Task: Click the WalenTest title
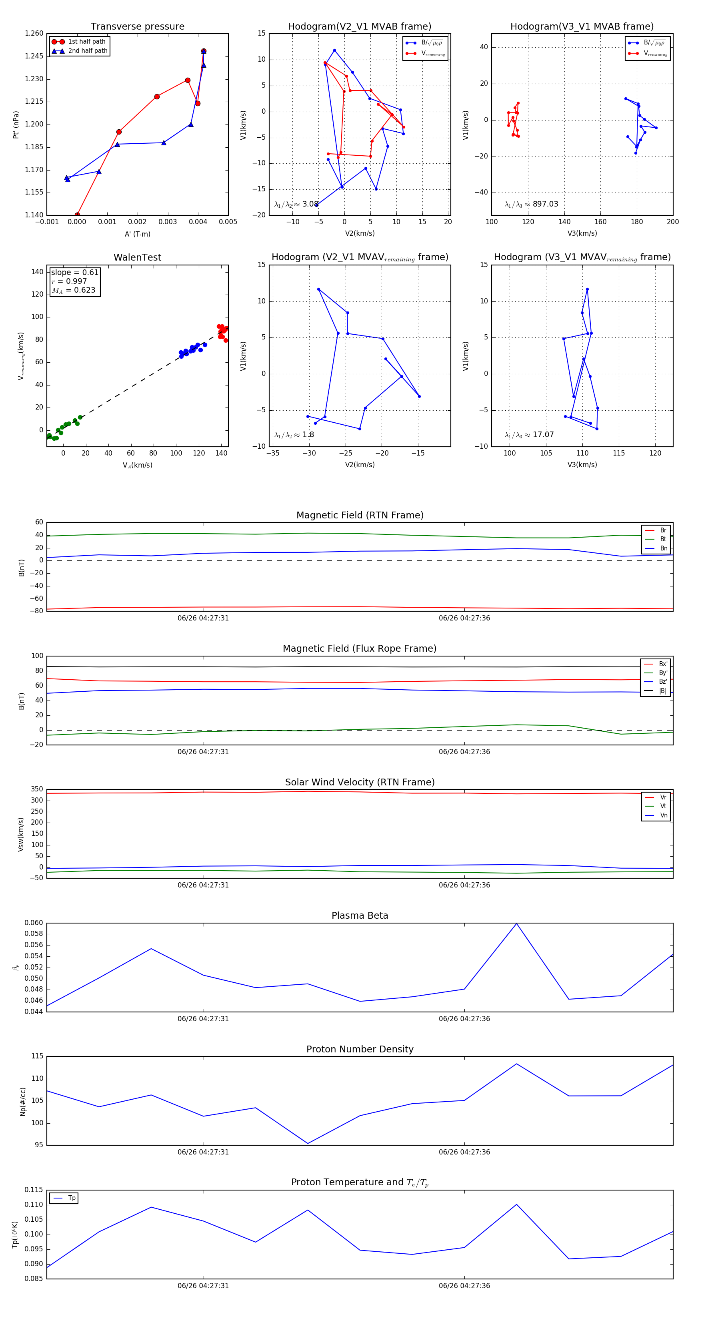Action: tap(137, 257)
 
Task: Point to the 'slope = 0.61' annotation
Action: tap(74, 272)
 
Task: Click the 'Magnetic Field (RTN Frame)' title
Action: tap(360, 515)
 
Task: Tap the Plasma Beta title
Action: tap(360, 916)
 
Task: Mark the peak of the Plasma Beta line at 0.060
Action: tap(516, 923)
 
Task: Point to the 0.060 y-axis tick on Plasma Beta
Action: tap(34, 923)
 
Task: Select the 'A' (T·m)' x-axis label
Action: tap(137, 234)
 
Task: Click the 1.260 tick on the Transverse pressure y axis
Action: tap(34, 33)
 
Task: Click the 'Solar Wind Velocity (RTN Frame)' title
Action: tap(360, 782)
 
